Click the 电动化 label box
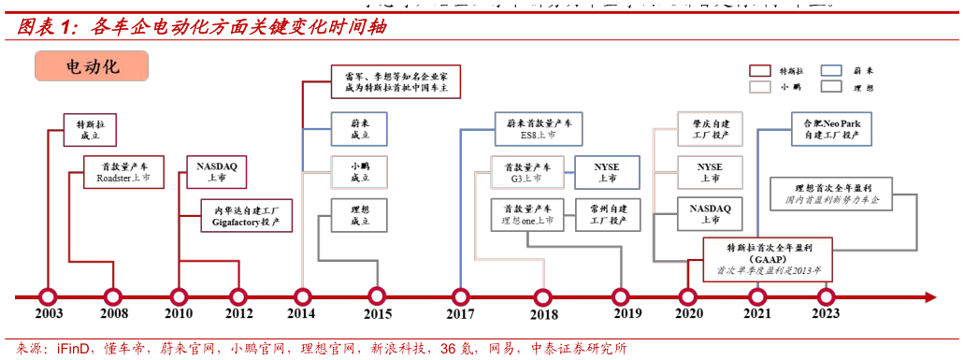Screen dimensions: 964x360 [x=91, y=66]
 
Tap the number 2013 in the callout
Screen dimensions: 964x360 [x=801, y=270]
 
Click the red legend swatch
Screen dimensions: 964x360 [x=760, y=70]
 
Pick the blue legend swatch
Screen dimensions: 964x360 [x=830, y=70]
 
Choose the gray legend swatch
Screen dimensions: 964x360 [x=830, y=86]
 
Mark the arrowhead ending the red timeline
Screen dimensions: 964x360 [x=931, y=297]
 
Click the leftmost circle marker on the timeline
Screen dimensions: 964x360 [x=48, y=297]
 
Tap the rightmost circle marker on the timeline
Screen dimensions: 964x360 [x=826, y=297]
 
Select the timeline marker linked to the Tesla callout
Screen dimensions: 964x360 [x=688, y=297]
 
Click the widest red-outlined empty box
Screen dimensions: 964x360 [x=396, y=81]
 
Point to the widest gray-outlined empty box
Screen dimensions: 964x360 [x=830, y=194]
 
